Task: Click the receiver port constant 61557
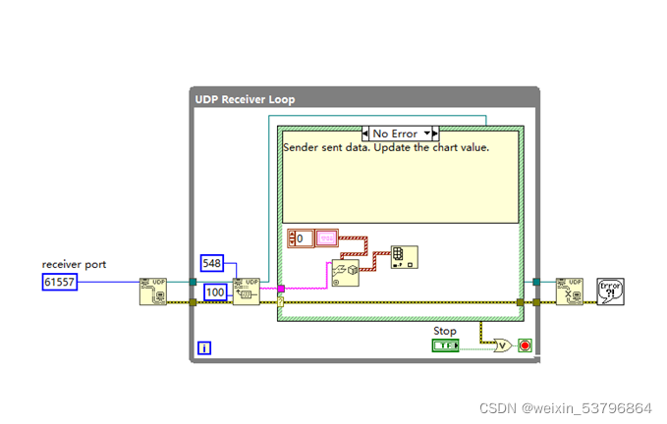point(59,282)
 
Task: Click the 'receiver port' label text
point(74,264)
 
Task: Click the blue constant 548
point(212,263)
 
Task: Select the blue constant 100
point(214,292)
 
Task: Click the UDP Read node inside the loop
point(246,291)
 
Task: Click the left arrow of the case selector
point(366,133)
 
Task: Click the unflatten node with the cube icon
point(345,272)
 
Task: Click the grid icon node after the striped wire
point(404,257)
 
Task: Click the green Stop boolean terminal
point(446,345)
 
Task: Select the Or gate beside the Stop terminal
point(501,345)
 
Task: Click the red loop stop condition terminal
point(526,345)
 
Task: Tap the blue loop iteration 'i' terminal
point(204,347)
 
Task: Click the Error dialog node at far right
point(611,291)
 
